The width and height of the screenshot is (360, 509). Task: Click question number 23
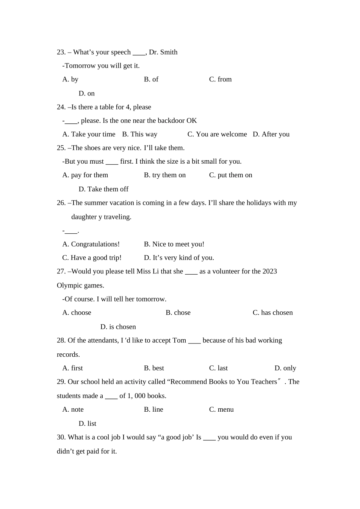(61, 52)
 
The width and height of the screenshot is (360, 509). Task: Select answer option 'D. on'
(86, 94)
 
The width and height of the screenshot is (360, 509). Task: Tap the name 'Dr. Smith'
(163, 52)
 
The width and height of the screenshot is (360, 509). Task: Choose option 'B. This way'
(139, 134)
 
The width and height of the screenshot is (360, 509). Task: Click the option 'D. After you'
(271, 134)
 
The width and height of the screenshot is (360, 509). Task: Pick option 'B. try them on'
(165, 175)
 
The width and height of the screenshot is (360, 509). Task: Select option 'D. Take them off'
(103, 189)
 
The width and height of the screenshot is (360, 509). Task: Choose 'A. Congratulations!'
(91, 244)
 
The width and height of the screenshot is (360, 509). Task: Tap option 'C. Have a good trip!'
(92, 258)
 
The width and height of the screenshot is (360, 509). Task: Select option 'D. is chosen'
(118, 327)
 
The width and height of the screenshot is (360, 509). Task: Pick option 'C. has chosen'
(272, 313)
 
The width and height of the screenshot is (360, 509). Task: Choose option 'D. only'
(285, 368)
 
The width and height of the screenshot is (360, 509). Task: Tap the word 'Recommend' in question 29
(189, 382)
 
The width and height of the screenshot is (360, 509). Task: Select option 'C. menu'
(221, 410)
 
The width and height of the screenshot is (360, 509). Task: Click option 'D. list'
(87, 424)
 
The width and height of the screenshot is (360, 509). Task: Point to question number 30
(61, 437)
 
